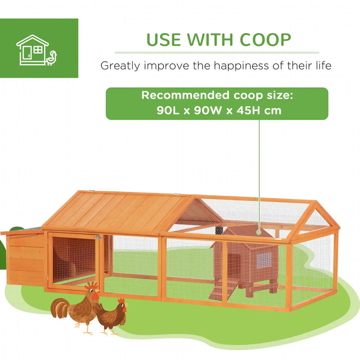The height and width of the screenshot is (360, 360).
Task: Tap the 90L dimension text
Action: pos(168,110)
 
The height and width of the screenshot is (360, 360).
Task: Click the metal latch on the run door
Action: pos(96,237)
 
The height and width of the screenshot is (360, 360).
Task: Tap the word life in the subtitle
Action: pos(321,66)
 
